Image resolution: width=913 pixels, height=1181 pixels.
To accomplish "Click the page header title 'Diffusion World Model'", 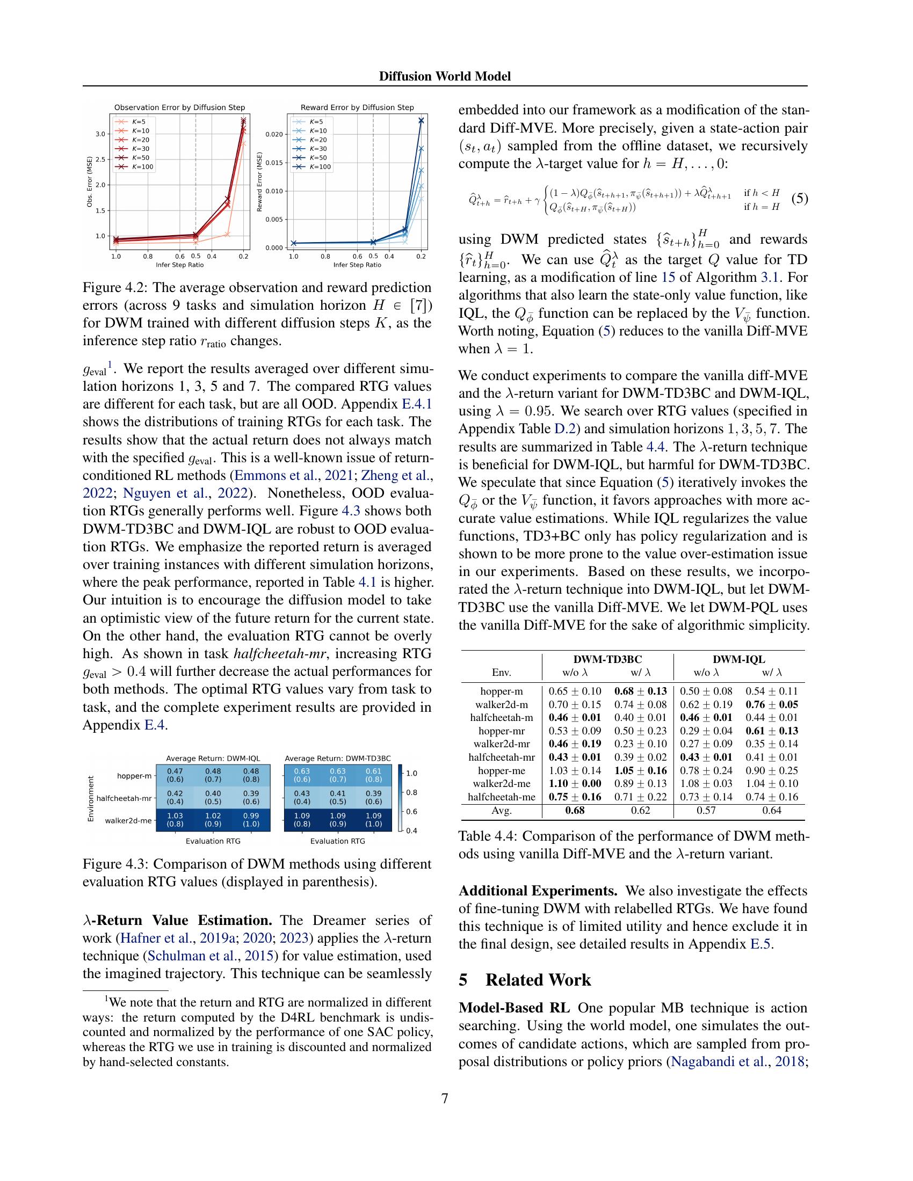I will pos(445,76).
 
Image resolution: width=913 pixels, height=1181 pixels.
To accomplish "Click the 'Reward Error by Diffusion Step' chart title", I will pos(357,107).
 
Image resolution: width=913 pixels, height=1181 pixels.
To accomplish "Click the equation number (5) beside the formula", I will pos(800,199).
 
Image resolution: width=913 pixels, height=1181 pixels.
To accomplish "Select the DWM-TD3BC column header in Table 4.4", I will pos(607,659).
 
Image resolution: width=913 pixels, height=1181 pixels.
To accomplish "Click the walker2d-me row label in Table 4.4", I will pos(501,784).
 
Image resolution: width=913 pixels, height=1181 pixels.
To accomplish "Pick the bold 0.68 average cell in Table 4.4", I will pos(575,810).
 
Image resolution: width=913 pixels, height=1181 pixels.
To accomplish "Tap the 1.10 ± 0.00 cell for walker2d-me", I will pos(575,784).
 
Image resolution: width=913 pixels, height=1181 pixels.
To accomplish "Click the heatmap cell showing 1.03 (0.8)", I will pos(175,820).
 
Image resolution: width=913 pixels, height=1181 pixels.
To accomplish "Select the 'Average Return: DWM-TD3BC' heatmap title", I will pos(337,759).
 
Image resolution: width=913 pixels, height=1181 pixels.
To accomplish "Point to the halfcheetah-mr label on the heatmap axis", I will pos(124,798).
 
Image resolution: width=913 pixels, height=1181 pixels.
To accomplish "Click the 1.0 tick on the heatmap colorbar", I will pos(411,773).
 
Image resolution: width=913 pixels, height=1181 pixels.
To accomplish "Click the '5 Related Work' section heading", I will pos(525,980).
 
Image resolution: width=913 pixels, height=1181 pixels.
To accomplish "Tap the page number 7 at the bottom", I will pos(445,1098).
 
